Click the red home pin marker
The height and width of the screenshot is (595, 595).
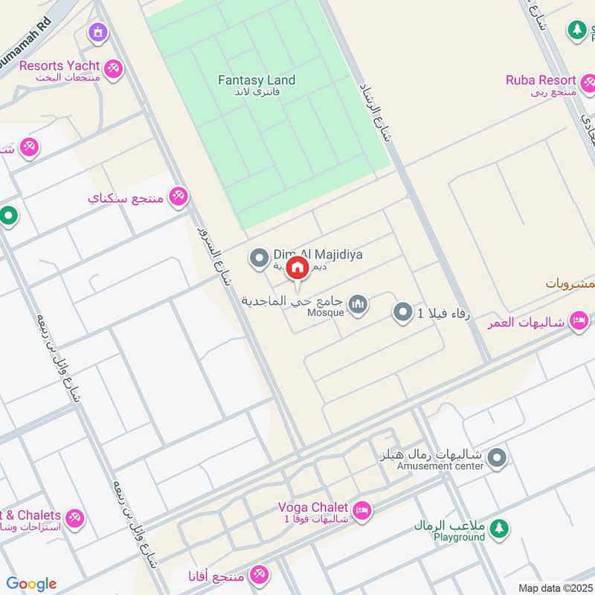(297, 268)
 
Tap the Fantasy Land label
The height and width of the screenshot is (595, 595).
(257, 80)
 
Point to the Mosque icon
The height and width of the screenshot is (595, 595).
(358, 305)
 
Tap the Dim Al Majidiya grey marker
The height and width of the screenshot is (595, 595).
(259, 258)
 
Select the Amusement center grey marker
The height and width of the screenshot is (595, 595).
(498, 457)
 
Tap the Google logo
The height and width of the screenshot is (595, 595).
(31, 584)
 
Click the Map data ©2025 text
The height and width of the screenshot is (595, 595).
(554, 588)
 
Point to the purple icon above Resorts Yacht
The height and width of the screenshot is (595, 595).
(97, 33)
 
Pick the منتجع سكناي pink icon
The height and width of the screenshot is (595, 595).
(178, 197)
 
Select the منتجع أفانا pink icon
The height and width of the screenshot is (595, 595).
(259, 574)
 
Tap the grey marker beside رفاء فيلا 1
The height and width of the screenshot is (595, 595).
(402, 312)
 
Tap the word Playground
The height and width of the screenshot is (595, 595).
(460, 537)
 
